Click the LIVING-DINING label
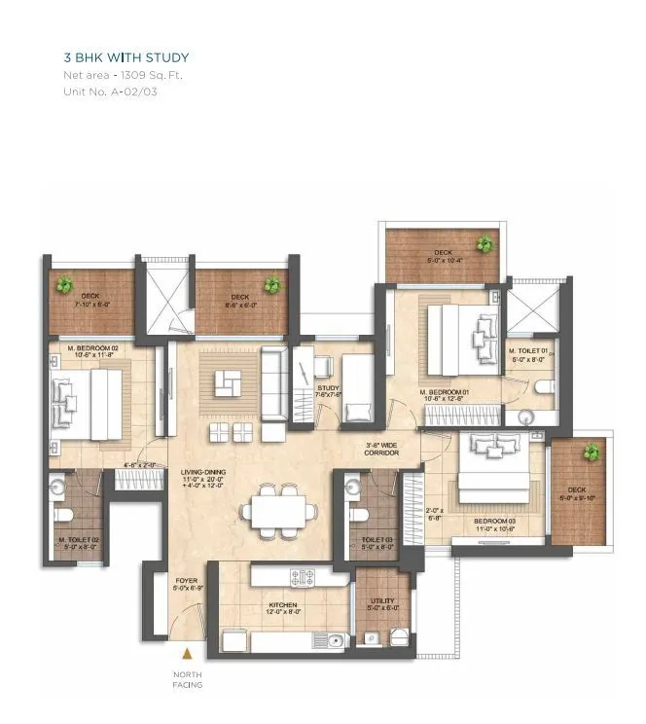(x=203, y=474)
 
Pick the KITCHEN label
(x=283, y=605)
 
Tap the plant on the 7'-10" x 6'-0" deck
(x=65, y=285)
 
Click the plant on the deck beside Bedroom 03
(x=590, y=452)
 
